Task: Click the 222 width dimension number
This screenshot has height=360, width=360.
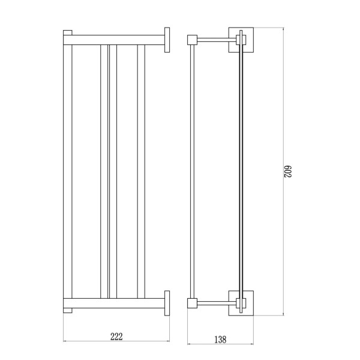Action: (x=116, y=337)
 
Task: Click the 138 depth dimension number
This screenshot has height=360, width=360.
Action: (x=220, y=340)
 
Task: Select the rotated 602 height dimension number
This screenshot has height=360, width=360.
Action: (x=287, y=172)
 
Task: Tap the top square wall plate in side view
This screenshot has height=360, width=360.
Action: (x=241, y=40)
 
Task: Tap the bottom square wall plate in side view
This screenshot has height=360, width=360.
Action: (x=241, y=303)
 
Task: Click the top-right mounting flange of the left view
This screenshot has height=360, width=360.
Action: (x=167, y=40)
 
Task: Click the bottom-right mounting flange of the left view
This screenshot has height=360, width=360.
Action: (x=167, y=303)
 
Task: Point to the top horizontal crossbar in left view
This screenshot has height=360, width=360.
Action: (x=114, y=40)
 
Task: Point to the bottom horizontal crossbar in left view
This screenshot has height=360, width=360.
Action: (x=114, y=303)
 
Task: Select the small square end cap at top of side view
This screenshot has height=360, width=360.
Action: (x=192, y=40)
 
